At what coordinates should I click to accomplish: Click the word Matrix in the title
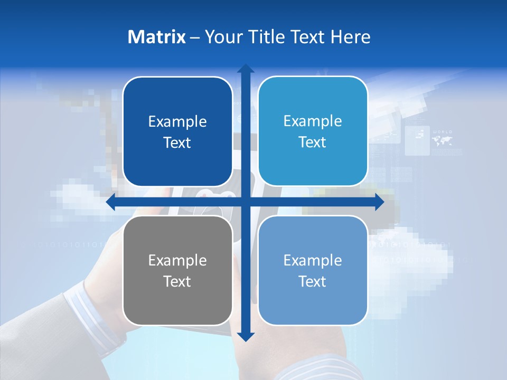coord(157,37)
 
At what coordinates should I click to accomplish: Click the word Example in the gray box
coord(177,260)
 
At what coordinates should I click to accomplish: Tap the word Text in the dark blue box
coord(177,143)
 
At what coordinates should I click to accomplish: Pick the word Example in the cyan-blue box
coord(313,121)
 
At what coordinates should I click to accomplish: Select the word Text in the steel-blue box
coord(313,281)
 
